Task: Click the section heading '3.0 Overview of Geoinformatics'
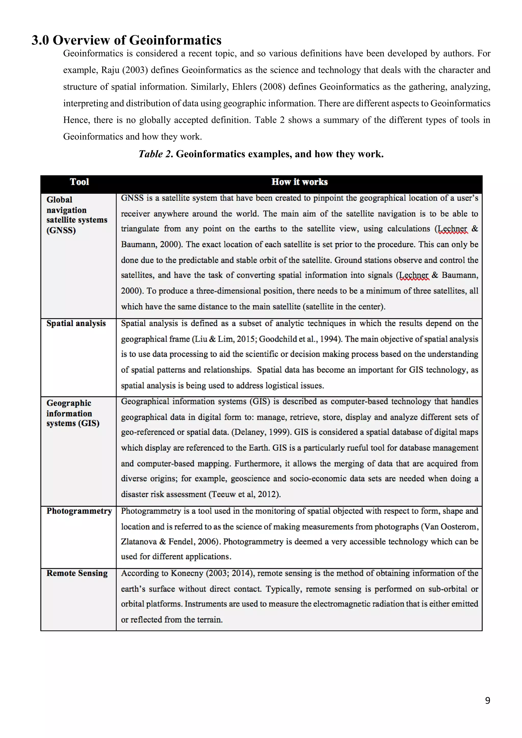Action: coord(126,40)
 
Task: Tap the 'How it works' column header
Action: coord(299,182)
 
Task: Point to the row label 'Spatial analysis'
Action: coord(76,323)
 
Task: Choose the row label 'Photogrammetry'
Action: coord(79,511)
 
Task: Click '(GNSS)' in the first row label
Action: coord(61,230)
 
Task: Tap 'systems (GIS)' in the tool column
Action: coord(73,423)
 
